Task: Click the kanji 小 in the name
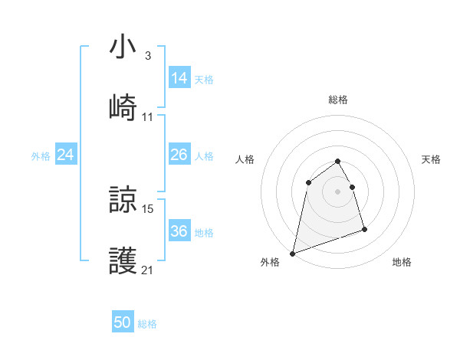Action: click(123, 47)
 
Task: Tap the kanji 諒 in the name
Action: click(123, 201)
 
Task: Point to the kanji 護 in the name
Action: click(123, 261)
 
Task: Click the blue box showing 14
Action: click(179, 78)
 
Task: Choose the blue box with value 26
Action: click(179, 155)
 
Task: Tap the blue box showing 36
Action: click(179, 231)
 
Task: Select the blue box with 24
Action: click(66, 155)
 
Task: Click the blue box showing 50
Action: click(123, 322)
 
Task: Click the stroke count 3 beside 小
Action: click(147, 56)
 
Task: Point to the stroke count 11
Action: click(148, 116)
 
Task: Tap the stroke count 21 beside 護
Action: click(148, 270)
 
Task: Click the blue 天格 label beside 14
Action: click(204, 79)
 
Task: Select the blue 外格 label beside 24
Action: click(41, 155)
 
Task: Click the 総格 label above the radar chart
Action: click(338, 100)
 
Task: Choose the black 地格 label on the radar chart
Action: click(402, 262)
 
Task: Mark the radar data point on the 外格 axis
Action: click(292, 253)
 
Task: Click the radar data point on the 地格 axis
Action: click(364, 229)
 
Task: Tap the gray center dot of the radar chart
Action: click(337, 191)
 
